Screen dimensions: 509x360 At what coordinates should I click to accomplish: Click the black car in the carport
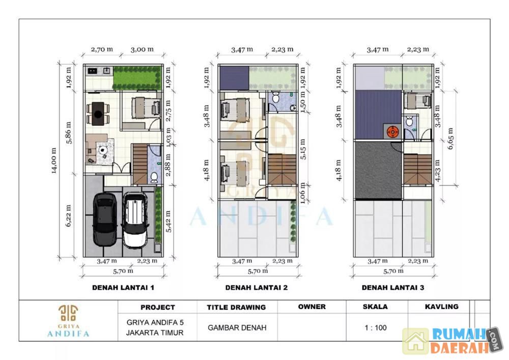[105, 219]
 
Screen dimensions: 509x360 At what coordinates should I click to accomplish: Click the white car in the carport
[135, 219]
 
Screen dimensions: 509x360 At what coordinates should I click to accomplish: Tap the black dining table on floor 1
[98, 114]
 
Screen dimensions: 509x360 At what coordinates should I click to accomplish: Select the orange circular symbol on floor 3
[393, 132]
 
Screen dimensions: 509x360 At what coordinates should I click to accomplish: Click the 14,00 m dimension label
[54, 161]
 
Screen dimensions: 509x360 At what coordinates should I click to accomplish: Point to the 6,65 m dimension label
[450, 138]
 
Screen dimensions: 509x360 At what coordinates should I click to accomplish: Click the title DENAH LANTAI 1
[123, 288]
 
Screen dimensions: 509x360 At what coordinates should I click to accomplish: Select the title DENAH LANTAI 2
[257, 288]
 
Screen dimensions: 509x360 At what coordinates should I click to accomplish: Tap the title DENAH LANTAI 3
[393, 288]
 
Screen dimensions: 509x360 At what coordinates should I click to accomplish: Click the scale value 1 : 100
[376, 328]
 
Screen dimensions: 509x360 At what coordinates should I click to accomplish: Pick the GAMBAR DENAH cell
[237, 328]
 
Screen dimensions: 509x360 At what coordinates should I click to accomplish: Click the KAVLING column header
[441, 307]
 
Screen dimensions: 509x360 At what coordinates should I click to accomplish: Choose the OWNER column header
[312, 307]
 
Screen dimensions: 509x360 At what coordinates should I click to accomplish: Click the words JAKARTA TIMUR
[155, 333]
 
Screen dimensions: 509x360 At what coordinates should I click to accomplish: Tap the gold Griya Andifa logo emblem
[68, 313]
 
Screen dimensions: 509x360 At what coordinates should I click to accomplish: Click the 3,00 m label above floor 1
[142, 49]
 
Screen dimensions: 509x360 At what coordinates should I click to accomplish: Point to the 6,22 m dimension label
[68, 216]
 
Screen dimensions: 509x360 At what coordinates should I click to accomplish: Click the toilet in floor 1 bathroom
[154, 177]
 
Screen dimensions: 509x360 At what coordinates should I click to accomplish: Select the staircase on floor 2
[282, 170]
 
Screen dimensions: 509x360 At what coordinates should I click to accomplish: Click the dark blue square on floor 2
[234, 78]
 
